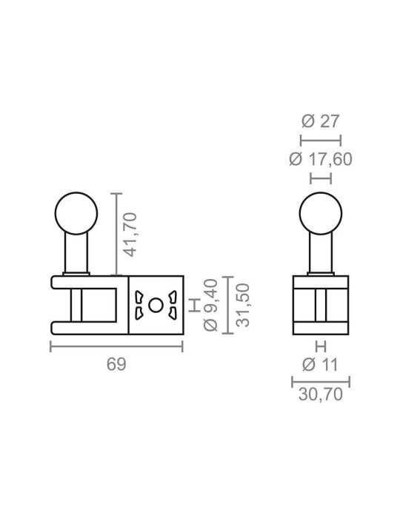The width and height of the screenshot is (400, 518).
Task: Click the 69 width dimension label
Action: pos(116,364)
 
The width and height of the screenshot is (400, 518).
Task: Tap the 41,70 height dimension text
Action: pos(130,235)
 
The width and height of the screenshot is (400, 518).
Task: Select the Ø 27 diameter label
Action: pos(320,121)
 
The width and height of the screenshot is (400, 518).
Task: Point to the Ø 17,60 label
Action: pos(320,159)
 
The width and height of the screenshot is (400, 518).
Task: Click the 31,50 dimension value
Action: pos(243,305)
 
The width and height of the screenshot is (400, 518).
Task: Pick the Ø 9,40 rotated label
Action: pos(210,305)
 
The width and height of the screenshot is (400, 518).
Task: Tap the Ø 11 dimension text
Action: pos(320,365)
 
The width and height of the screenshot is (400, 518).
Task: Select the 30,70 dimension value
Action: pos(320,394)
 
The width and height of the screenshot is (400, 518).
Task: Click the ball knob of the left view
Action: pos(76,213)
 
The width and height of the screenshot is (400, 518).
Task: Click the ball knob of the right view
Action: pos(320,213)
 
